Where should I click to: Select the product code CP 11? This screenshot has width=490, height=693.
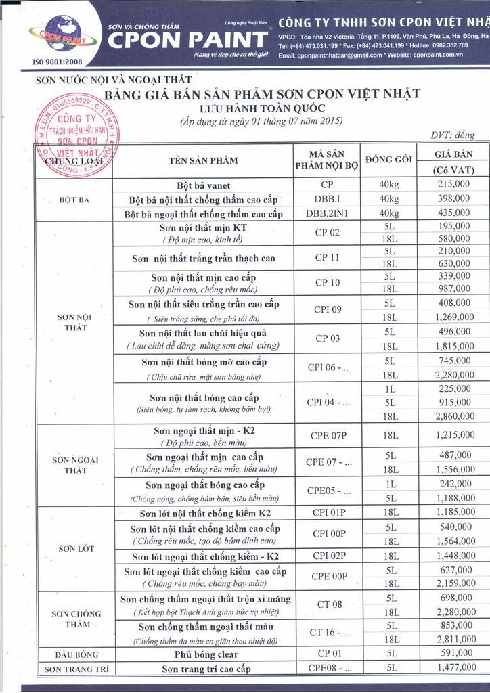(328, 258)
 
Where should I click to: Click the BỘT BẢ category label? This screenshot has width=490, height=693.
(74, 200)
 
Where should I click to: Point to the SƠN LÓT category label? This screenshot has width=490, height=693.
(76, 548)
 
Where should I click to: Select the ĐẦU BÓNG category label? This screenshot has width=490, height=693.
(76, 654)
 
